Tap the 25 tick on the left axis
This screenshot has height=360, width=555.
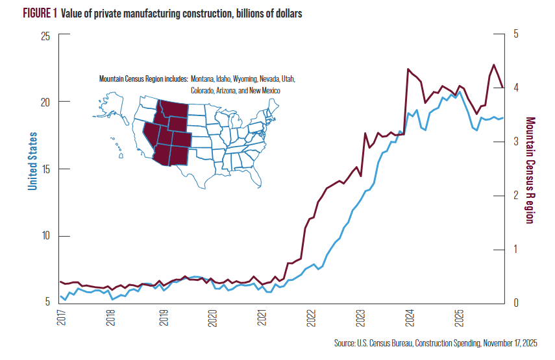coord(46,36)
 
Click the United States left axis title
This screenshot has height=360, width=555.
coord(32,161)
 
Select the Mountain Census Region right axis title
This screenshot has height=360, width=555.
coord(530,170)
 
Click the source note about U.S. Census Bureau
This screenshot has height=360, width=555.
coord(436,342)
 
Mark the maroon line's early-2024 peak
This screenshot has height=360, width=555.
coord(408,69)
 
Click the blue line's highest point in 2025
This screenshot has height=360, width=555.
coord(460,92)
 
